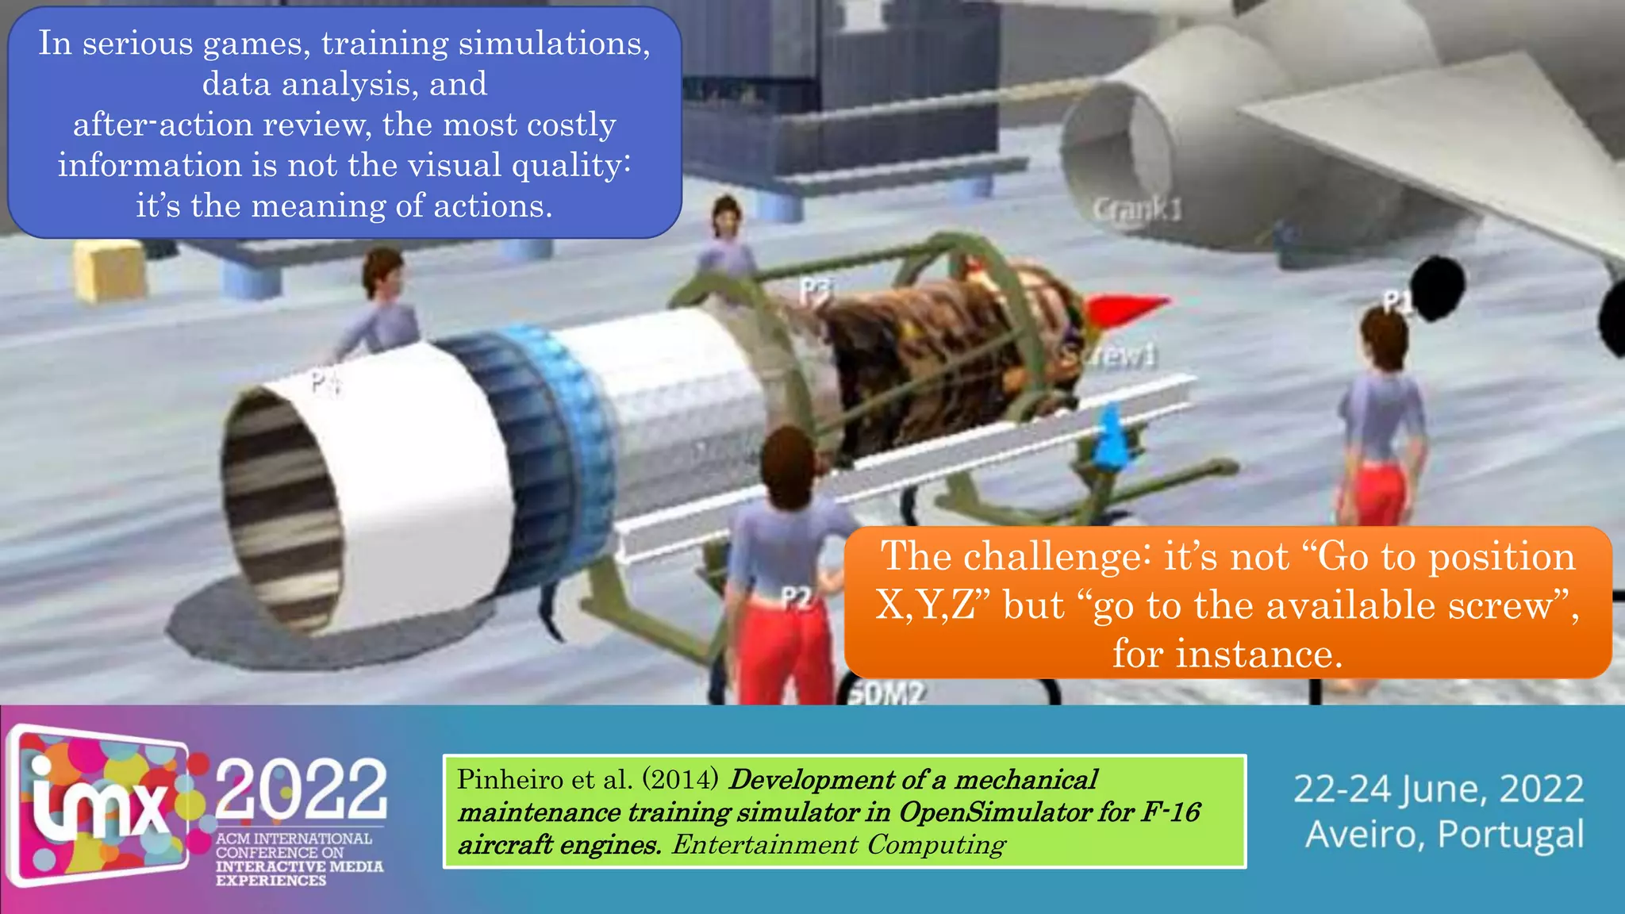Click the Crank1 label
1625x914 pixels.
1136,209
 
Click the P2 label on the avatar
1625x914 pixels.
797,597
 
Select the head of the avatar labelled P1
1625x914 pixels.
1384,336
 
